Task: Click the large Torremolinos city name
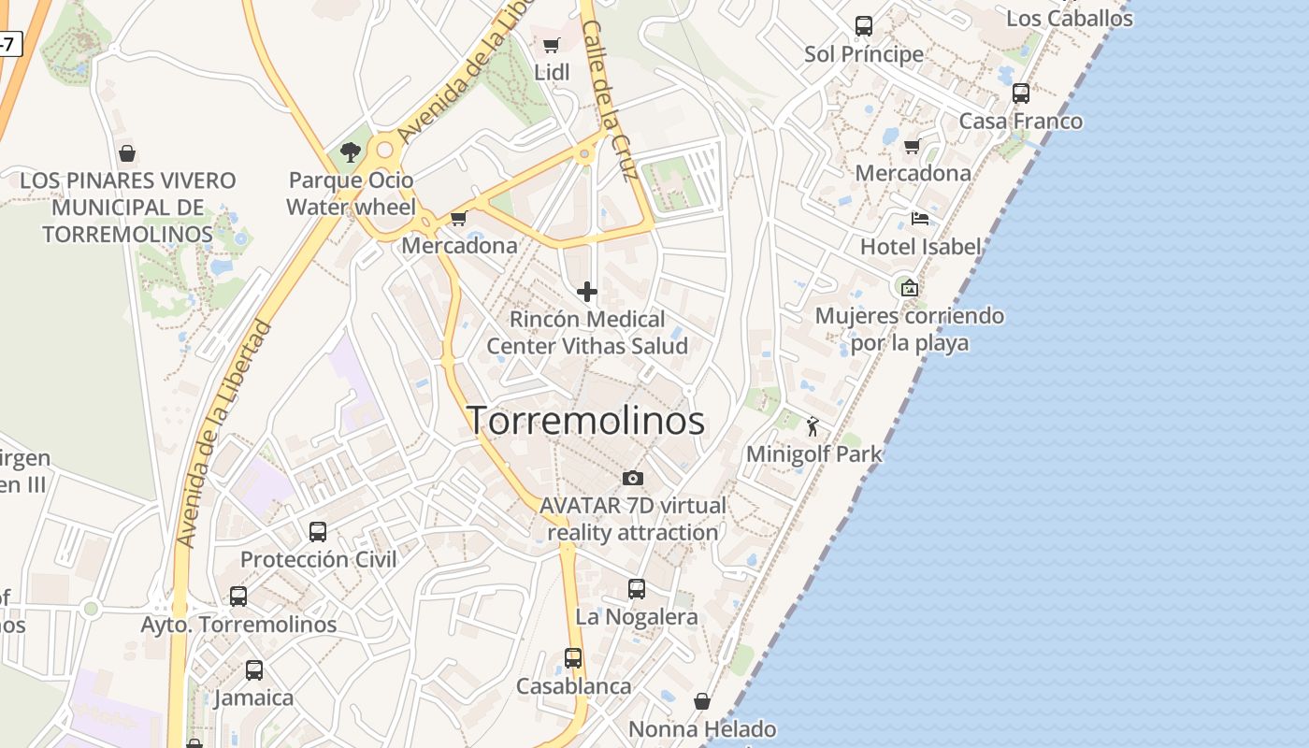[585, 421]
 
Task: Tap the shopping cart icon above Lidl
[552, 45]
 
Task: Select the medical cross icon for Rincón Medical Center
[587, 293]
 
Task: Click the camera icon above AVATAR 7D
[633, 479]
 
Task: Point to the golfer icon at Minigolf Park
[813, 427]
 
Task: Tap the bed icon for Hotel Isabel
[920, 219]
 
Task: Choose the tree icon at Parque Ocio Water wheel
[351, 151]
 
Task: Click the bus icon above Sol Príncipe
[864, 26]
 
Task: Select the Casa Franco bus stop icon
[1021, 93]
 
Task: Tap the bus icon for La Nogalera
[637, 589]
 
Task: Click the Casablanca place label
[574, 686]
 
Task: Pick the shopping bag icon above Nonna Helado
[702, 701]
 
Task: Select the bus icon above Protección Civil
[318, 532]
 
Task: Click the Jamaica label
[253, 698]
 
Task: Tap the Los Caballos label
[1069, 18]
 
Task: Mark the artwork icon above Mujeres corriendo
[909, 288]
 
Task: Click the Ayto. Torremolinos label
[238, 624]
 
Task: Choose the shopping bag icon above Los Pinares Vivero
[127, 153]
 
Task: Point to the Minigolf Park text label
[813, 454]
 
